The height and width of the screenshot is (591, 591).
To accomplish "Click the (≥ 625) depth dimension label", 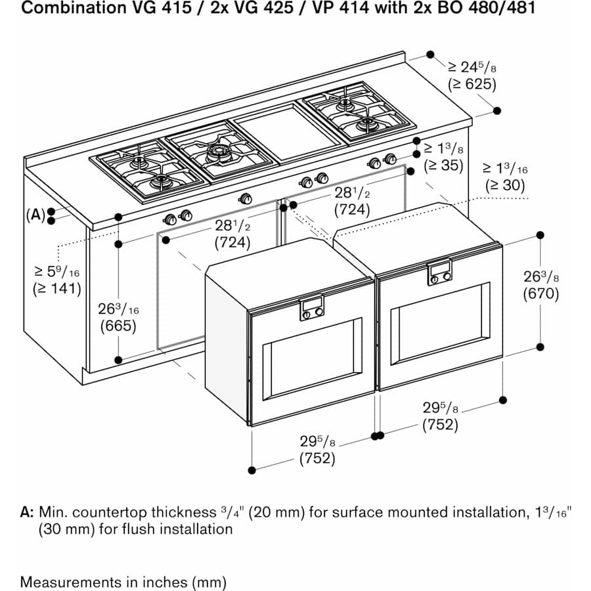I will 471,84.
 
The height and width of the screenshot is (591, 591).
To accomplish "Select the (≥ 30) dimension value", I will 505,186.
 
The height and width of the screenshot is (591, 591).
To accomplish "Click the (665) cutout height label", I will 118,326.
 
